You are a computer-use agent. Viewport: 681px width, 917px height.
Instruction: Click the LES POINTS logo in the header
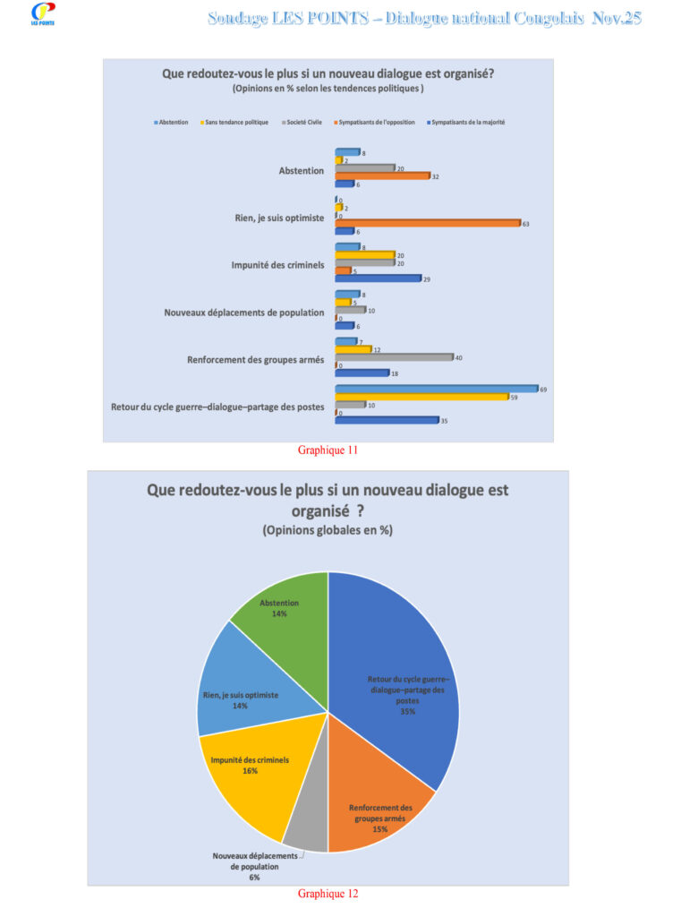click(42, 13)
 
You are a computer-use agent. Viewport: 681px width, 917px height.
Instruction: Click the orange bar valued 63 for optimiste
click(427, 223)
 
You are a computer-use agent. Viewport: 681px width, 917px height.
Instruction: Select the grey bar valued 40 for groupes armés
click(394, 356)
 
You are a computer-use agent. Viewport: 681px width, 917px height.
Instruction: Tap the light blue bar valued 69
click(436, 389)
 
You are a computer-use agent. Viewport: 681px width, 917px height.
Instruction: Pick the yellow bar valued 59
click(421, 397)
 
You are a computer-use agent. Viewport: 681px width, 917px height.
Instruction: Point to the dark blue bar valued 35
click(386, 419)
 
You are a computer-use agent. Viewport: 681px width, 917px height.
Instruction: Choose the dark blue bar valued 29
click(378, 279)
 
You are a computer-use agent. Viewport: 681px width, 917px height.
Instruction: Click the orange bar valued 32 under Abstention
click(382, 176)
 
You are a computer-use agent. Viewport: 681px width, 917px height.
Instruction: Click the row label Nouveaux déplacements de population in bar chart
click(243, 313)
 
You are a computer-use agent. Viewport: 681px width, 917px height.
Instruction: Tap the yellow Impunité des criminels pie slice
click(246, 770)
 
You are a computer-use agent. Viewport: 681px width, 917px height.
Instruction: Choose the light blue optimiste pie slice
click(242, 690)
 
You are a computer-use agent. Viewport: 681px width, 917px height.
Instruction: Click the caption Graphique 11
click(328, 450)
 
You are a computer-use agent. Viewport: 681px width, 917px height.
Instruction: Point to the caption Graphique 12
click(328, 893)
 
